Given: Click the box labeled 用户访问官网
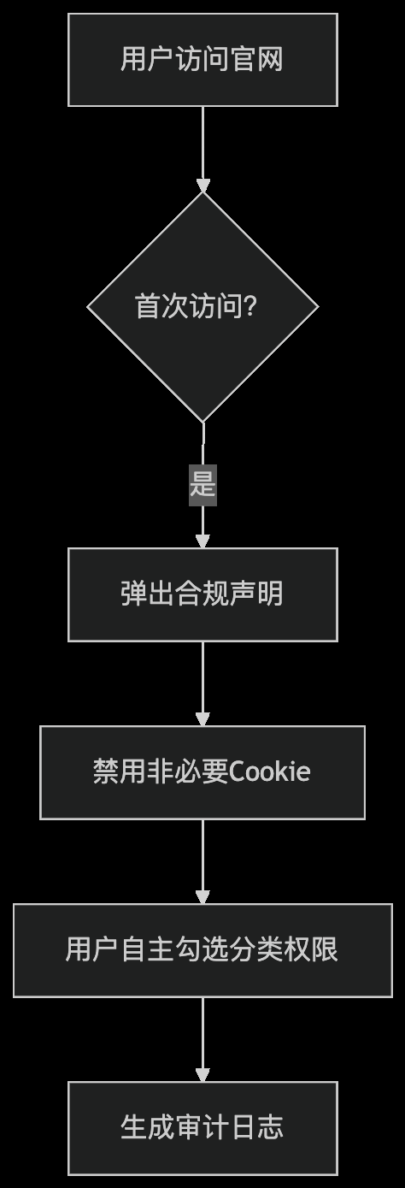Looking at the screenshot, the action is pyautogui.click(x=202, y=60).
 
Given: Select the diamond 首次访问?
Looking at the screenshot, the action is pyautogui.click(x=202, y=307).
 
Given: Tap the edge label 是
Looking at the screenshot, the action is pyautogui.click(x=203, y=485).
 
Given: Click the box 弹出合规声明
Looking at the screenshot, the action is pyautogui.click(x=202, y=594).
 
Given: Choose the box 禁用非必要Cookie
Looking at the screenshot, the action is pyautogui.click(x=202, y=772).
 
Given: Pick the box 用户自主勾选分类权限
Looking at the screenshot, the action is pyautogui.click(x=202, y=950).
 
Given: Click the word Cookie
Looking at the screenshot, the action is pyautogui.click(x=270, y=771).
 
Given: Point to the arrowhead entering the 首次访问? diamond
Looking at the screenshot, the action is pyautogui.click(x=203, y=185).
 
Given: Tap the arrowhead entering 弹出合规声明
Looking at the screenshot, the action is pyautogui.click(x=203, y=541).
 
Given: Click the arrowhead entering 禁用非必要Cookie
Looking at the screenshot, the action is pyautogui.click(x=203, y=719).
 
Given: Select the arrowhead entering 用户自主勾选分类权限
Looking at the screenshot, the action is pyautogui.click(x=203, y=897).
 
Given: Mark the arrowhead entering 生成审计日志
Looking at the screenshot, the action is pyautogui.click(x=203, y=1076).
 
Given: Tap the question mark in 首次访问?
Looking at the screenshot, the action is pyautogui.click(x=250, y=306).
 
